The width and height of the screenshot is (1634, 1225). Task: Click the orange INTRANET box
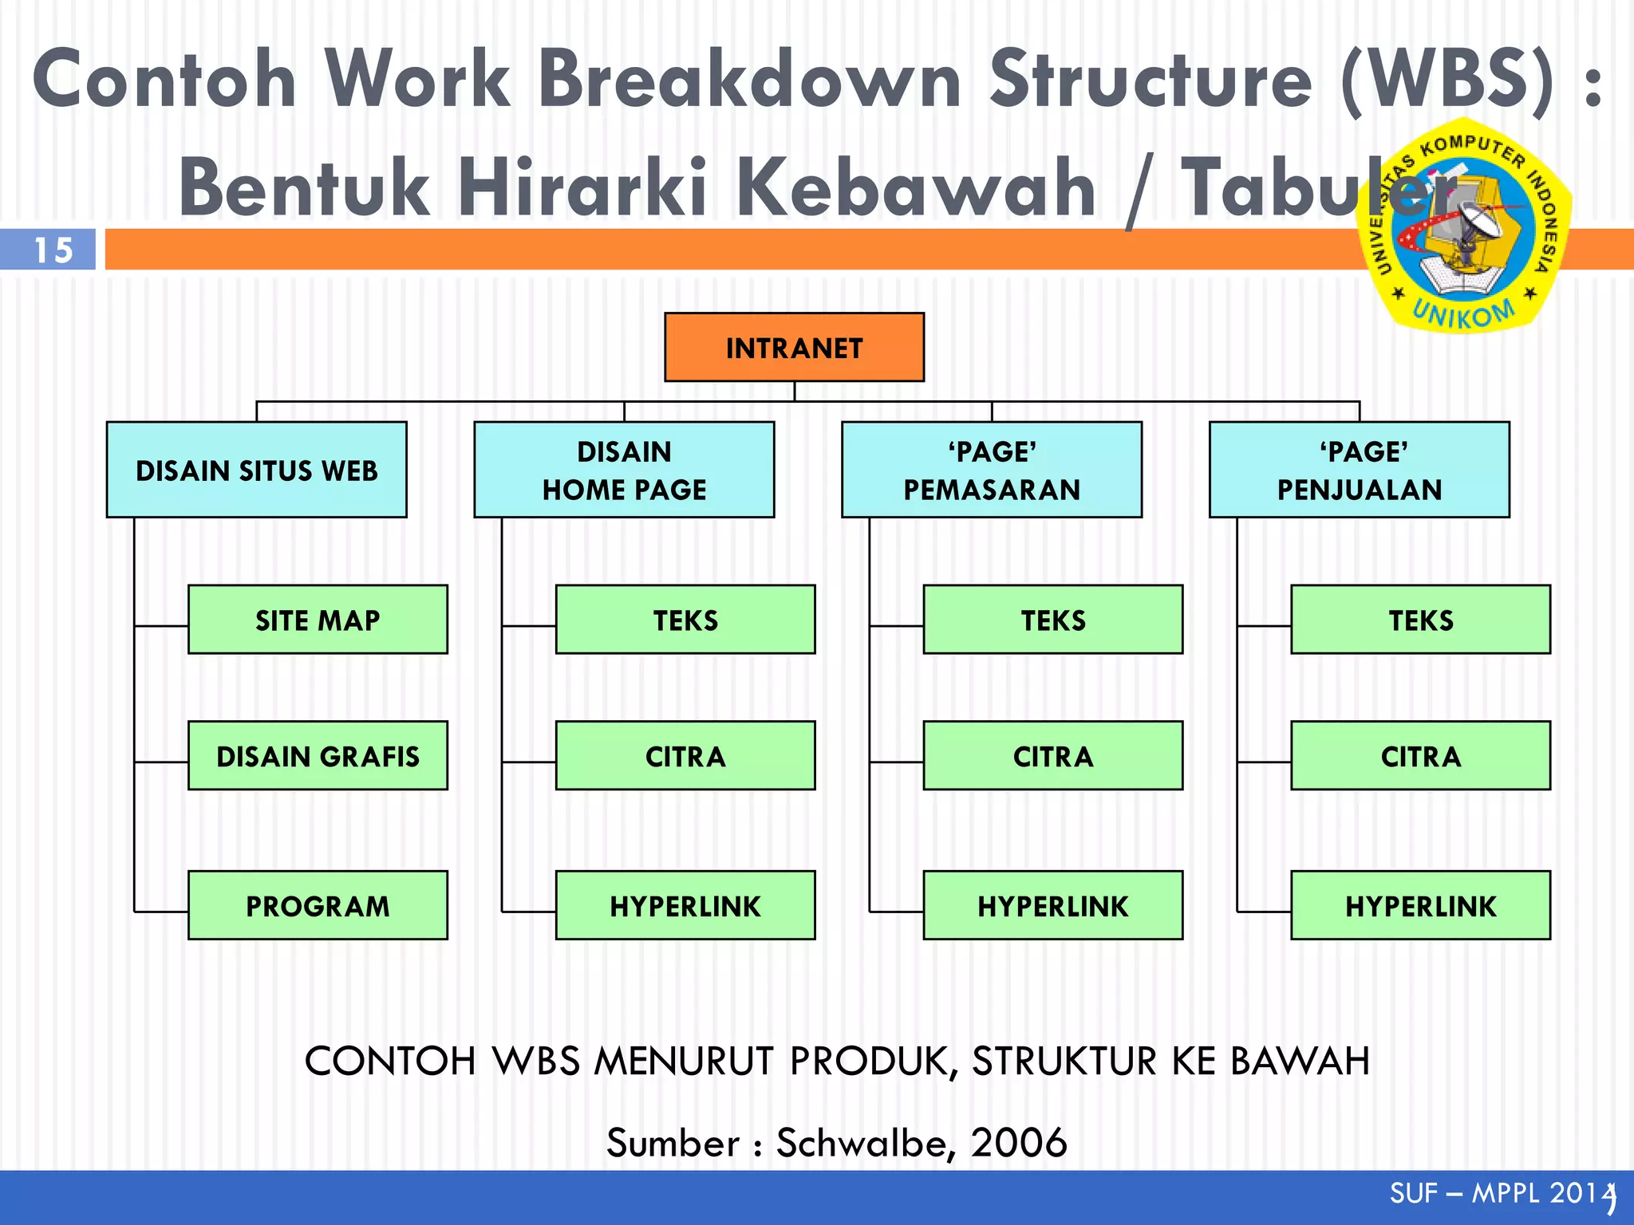point(794,347)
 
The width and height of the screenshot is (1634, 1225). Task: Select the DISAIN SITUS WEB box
point(256,470)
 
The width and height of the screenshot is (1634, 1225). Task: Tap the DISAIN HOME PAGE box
point(624,470)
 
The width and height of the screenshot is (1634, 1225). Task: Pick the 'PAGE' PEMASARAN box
point(992,470)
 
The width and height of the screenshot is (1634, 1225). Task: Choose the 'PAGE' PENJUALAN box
point(1359,470)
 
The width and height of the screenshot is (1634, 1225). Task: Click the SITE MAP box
point(318,620)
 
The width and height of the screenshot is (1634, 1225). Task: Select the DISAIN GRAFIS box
point(318,755)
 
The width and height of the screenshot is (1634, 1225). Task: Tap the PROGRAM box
point(318,905)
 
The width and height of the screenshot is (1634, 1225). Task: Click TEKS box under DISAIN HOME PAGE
point(685,620)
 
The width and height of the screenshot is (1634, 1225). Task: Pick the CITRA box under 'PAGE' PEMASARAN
point(1053,755)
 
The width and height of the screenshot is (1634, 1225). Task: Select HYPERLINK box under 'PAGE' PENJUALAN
point(1420,905)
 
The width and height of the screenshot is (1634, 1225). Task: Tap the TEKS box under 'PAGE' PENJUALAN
point(1420,620)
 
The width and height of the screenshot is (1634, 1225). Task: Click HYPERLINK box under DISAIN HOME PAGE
point(685,905)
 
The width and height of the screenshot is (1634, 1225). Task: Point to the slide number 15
point(53,250)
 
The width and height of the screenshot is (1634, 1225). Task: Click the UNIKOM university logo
point(1464,226)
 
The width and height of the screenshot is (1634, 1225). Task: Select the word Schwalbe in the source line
point(864,1142)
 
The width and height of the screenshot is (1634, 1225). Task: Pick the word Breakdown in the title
point(750,80)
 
